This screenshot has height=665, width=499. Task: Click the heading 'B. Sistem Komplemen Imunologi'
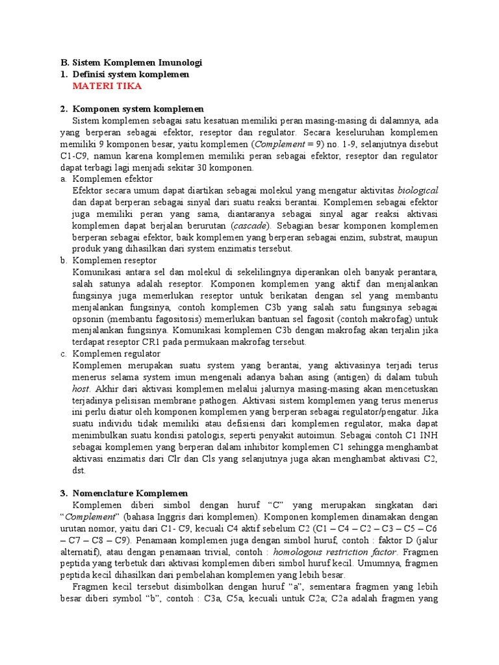[x=131, y=63]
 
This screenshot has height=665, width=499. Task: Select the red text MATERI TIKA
[x=107, y=86]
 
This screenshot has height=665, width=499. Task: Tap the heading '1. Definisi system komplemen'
[x=125, y=75]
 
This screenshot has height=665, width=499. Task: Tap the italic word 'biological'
[x=418, y=190]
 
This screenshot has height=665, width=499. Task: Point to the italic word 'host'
[x=81, y=388]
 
